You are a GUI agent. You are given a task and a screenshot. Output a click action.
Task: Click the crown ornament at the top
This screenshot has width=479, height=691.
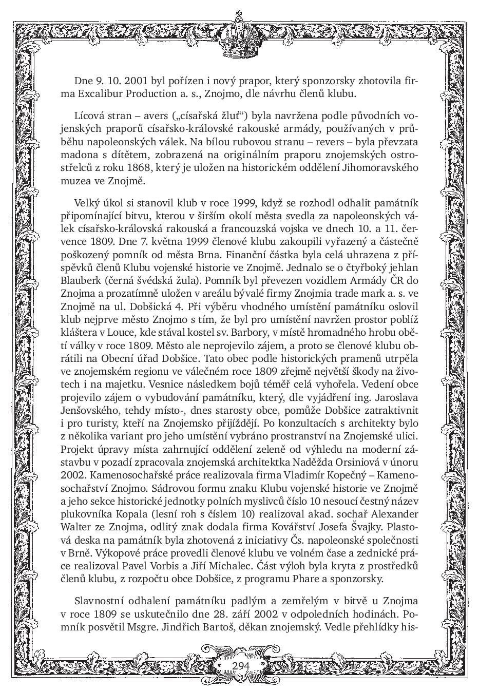click(x=239, y=36)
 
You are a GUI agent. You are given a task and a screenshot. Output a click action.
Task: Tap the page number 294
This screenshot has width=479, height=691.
click(x=240, y=665)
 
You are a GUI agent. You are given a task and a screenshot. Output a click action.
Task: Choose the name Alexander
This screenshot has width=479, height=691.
click(x=393, y=514)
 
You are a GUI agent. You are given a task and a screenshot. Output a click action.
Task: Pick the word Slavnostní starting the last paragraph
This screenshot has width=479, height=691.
click(x=101, y=601)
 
